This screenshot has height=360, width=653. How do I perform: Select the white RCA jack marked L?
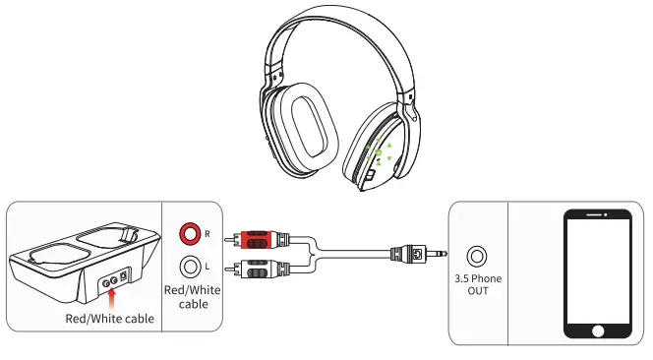click(x=189, y=265)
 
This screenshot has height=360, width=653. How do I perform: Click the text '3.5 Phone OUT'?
click(x=479, y=285)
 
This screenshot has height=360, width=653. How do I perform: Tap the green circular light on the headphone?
click(x=377, y=151)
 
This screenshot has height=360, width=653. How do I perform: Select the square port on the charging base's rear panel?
click(x=122, y=279)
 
